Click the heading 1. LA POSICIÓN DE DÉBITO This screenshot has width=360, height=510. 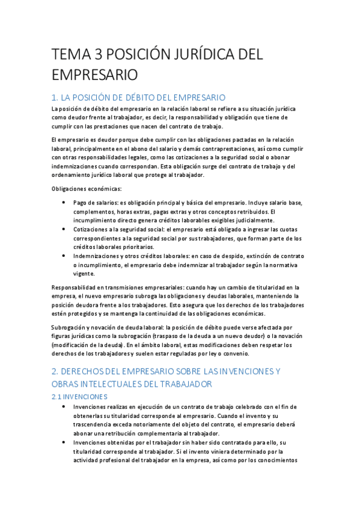click(x=139, y=97)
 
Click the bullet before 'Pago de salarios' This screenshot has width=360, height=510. click(x=64, y=203)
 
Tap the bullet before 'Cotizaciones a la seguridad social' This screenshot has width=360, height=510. click(x=64, y=230)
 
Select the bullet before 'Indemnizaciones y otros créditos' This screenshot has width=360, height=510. click(x=64, y=256)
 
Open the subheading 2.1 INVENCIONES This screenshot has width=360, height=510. click(x=81, y=397)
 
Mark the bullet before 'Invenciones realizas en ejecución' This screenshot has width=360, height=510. click(x=64, y=407)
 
